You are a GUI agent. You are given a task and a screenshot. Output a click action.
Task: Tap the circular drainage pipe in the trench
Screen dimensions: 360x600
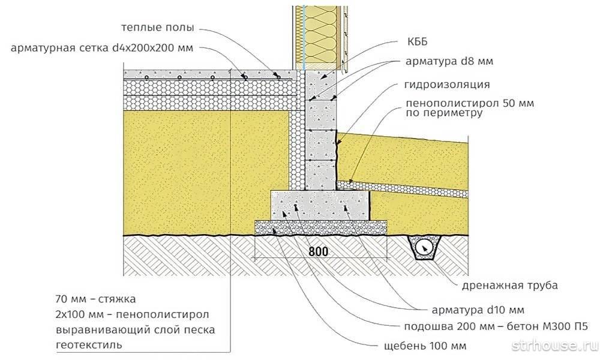point(425,247)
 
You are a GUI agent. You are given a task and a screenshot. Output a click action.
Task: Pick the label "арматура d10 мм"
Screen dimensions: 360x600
point(478,310)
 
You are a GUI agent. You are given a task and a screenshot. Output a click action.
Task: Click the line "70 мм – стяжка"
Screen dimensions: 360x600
point(97,298)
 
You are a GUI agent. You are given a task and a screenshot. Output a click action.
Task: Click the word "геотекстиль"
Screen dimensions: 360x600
point(88,346)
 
